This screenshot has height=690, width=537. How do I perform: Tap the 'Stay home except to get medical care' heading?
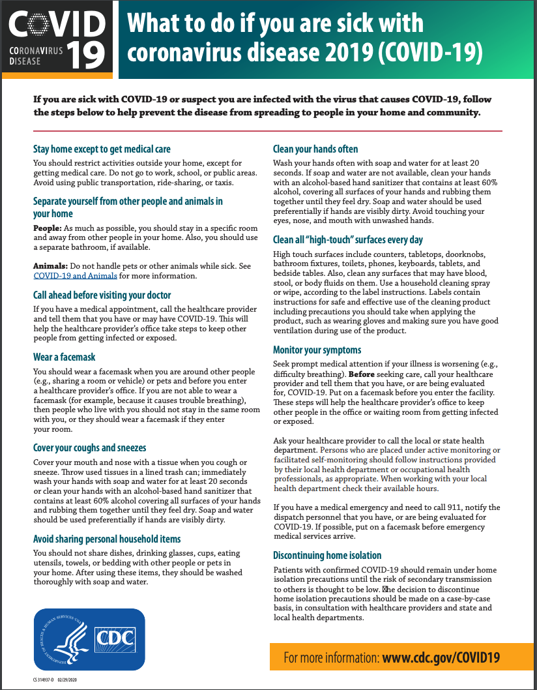[102, 149]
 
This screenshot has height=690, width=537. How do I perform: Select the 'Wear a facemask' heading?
[65, 357]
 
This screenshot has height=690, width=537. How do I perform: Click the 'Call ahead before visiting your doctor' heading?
[102, 295]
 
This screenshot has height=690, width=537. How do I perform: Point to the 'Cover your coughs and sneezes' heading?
[90, 447]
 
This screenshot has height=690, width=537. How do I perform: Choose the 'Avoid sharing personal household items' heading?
[107, 539]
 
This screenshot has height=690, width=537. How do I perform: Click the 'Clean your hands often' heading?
[315, 149]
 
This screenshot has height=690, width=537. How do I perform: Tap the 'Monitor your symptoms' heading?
[317, 350]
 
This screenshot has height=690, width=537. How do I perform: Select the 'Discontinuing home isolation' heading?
[327, 555]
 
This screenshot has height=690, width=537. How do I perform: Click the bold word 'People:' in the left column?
[47, 229]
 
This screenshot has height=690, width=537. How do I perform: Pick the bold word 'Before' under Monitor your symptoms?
[362, 374]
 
